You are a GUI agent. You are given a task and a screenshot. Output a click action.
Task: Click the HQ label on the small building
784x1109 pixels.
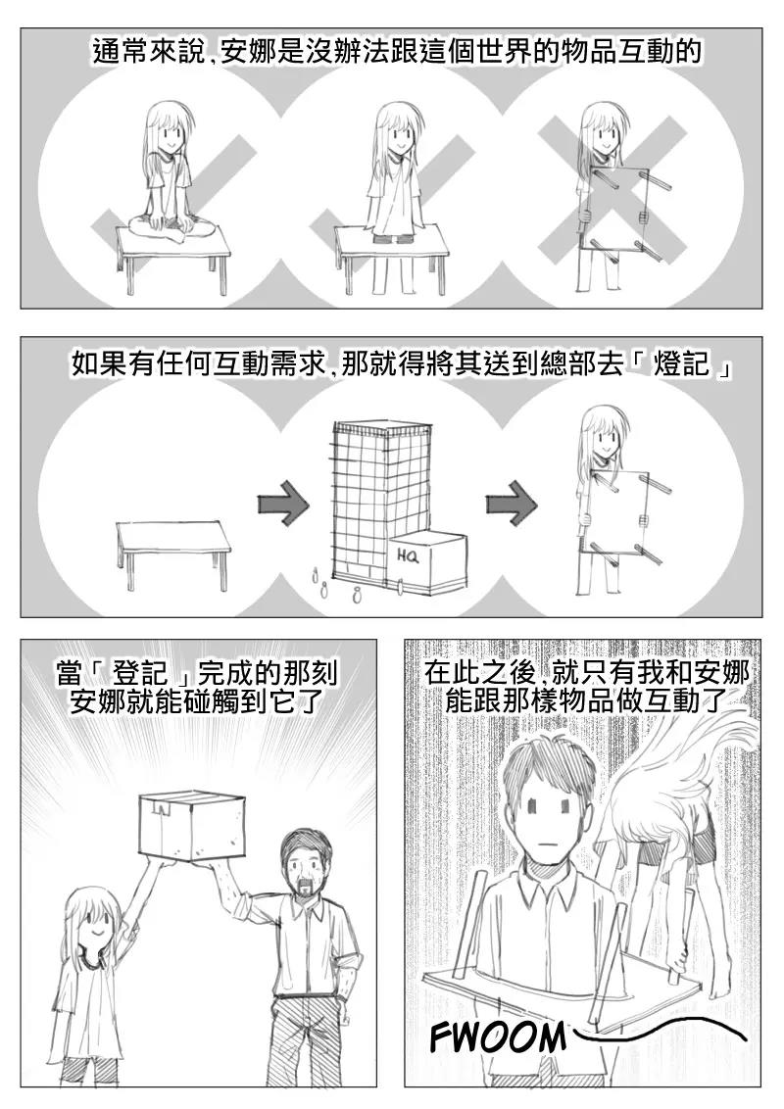click(408, 555)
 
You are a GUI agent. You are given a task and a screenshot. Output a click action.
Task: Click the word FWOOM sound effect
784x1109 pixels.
click(498, 1037)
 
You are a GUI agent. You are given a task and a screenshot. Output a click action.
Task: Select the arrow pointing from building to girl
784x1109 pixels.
click(512, 505)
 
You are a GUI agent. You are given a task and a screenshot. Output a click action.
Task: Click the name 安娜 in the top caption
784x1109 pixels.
click(250, 52)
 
